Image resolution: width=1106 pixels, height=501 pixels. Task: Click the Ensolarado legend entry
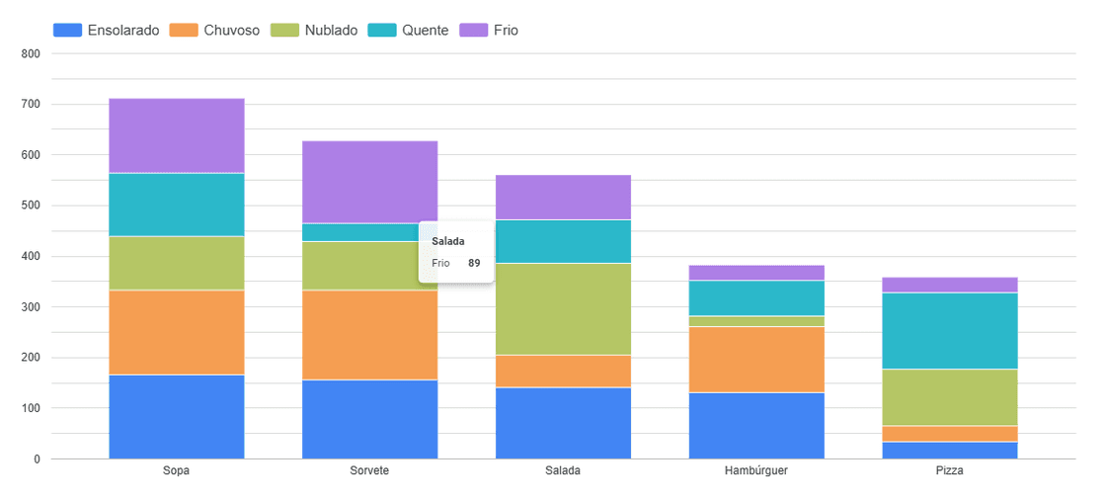107,31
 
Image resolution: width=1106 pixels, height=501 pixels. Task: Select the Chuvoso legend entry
216,31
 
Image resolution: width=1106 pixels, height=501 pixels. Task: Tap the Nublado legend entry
317,31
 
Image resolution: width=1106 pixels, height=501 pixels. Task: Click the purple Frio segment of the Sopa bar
177,135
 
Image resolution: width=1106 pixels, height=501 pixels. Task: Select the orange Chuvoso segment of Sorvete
369,334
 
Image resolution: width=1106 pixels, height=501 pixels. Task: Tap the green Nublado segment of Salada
563,308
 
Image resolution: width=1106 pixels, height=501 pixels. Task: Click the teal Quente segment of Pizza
949,330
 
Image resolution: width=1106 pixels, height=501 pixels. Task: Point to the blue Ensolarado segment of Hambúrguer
756,425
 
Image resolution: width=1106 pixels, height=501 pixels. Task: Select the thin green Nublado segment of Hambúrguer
756,321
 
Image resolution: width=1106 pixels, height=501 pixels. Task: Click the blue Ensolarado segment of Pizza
949,450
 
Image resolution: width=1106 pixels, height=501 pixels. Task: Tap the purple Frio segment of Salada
563,197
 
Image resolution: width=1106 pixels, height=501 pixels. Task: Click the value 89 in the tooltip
474,263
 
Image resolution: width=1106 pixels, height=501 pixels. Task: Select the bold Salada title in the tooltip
448,241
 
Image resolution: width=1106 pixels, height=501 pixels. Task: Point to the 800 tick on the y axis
30,53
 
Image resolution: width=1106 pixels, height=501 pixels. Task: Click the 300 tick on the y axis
30,307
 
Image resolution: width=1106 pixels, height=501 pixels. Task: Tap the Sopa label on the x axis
177,470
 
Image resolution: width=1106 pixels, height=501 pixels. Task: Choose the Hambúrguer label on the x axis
756,470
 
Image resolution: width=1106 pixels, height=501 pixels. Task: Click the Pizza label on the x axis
949,470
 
